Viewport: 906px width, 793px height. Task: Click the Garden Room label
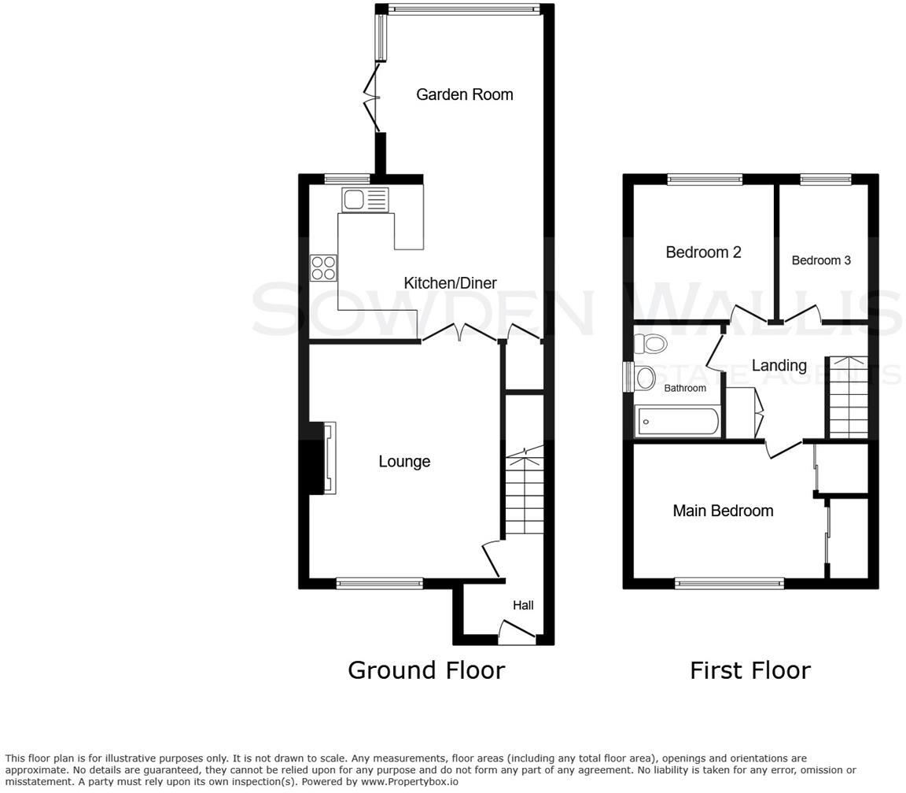tap(464, 94)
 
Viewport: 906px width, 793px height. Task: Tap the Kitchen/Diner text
tap(450, 283)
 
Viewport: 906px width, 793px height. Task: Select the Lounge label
tap(404, 462)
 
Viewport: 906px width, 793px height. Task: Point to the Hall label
tap(523, 605)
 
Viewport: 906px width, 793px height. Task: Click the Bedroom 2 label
tap(703, 253)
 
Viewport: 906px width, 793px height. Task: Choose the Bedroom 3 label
tap(821, 260)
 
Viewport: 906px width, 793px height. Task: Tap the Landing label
tap(779, 366)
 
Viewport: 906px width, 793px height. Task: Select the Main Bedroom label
tap(723, 511)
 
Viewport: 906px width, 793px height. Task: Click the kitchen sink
tap(365, 200)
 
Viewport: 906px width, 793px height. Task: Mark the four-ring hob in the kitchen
tap(323, 268)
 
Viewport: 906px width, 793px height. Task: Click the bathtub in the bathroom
tap(677, 422)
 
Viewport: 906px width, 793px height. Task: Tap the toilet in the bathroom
tap(651, 344)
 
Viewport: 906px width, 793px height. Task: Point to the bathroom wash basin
tap(645, 378)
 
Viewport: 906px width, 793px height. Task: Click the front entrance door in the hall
tap(517, 631)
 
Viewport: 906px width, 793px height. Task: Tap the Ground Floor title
tap(425, 670)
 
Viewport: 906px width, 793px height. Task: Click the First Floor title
tap(749, 670)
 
